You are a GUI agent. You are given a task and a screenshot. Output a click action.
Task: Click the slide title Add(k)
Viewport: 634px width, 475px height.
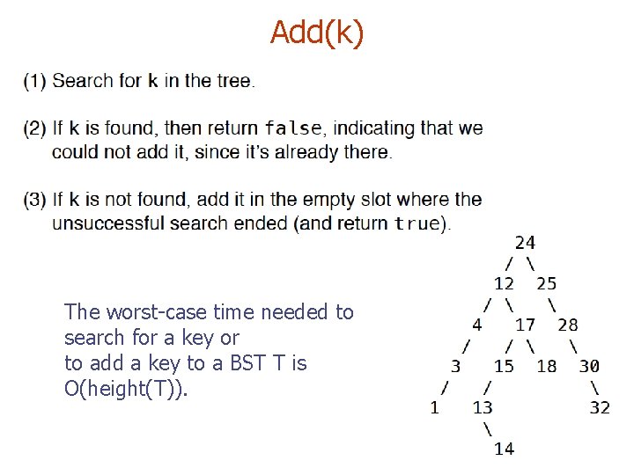[x=316, y=33]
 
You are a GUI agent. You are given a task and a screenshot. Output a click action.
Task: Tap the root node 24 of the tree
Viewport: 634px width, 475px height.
[x=525, y=242]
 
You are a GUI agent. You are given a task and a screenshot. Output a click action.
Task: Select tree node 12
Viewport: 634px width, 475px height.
[x=504, y=283]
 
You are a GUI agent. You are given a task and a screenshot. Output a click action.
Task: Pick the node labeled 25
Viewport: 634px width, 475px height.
[x=546, y=283]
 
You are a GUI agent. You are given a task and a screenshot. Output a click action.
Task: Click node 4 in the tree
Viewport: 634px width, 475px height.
[x=476, y=325]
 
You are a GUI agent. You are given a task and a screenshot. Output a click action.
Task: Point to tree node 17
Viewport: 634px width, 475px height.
[x=525, y=325]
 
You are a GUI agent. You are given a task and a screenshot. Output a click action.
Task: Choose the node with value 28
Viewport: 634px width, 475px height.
[x=568, y=325]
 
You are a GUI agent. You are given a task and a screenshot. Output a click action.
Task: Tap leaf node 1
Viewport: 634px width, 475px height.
[x=434, y=407]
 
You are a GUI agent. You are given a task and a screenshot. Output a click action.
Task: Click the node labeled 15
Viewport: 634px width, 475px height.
[x=504, y=366]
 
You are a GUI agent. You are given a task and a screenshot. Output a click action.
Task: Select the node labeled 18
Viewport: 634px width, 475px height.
[x=546, y=366]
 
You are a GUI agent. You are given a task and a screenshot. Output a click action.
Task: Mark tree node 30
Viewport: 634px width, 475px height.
[x=589, y=366]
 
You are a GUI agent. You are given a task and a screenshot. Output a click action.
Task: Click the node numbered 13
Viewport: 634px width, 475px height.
[x=483, y=407]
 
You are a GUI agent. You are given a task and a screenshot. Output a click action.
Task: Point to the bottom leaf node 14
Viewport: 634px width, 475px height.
[x=504, y=449]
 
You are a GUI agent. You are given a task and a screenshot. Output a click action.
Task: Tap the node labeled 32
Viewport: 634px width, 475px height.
[x=600, y=407]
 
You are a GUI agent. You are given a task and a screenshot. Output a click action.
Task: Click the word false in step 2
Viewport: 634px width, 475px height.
[x=292, y=128]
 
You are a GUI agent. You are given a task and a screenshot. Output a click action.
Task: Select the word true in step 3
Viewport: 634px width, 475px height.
[x=416, y=223]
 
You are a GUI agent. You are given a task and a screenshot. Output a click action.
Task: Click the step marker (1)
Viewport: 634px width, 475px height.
[x=35, y=81]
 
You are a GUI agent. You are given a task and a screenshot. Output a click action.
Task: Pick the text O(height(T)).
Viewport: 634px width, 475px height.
[x=126, y=389]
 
